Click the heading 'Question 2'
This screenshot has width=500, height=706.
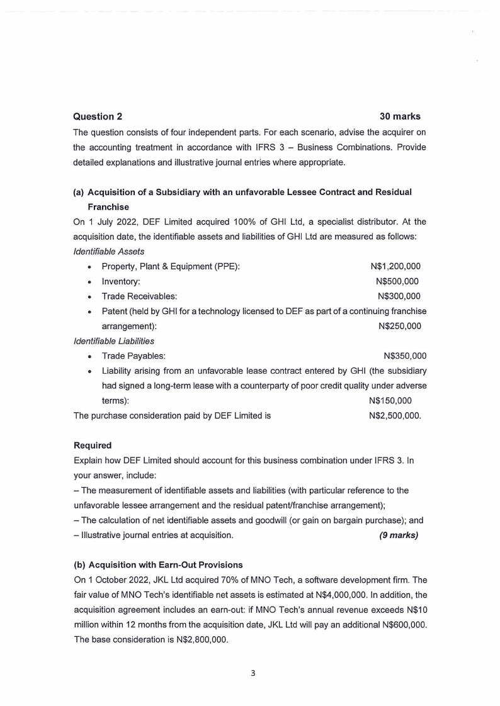coord(98,116)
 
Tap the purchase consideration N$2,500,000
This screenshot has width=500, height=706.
coord(395,416)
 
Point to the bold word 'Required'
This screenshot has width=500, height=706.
coord(93,445)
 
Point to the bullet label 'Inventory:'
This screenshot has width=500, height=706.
coord(121,281)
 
